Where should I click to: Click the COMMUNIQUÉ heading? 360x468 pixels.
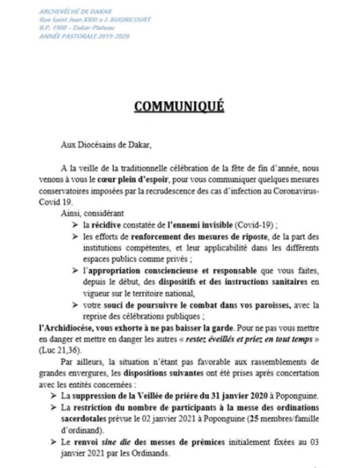[x=179, y=106]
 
